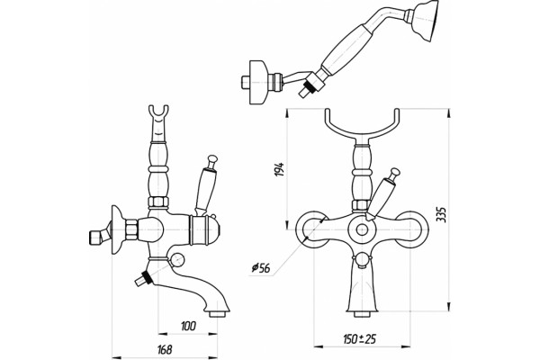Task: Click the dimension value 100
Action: click(x=188, y=326)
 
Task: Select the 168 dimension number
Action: click(x=164, y=350)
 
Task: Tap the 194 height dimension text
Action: click(x=279, y=169)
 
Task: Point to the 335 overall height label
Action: click(x=442, y=214)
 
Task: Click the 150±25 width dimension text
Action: click(x=359, y=339)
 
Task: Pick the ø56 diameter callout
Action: click(x=261, y=268)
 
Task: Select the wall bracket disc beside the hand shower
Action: click(x=256, y=82)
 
